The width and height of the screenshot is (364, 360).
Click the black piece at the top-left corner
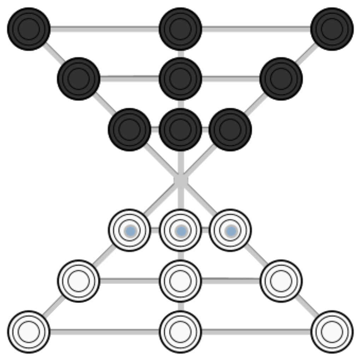point(29,29)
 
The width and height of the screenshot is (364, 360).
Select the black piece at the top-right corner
point(332,29)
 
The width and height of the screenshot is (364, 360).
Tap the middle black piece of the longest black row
point(181,29)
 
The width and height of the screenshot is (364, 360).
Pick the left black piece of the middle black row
point(78,78)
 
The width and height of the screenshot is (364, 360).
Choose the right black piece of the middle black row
point(281,78)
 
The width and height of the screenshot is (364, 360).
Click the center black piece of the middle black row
point(181,78)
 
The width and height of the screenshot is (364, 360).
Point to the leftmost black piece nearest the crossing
point(129,130)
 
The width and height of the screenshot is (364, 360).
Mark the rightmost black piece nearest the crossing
point(230,130)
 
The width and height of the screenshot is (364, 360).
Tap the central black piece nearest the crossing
point(181,130)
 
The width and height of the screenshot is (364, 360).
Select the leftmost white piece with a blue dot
point(129,230)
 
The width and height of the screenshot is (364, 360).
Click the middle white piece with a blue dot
point(181,230)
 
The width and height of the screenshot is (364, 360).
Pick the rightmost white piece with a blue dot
point(230,230)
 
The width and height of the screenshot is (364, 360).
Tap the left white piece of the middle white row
point(78,281)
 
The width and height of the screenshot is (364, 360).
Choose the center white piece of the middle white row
point(181,281)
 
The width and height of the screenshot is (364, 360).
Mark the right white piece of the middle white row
point(281,281)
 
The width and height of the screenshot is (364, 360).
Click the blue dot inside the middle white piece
point(181,231)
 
